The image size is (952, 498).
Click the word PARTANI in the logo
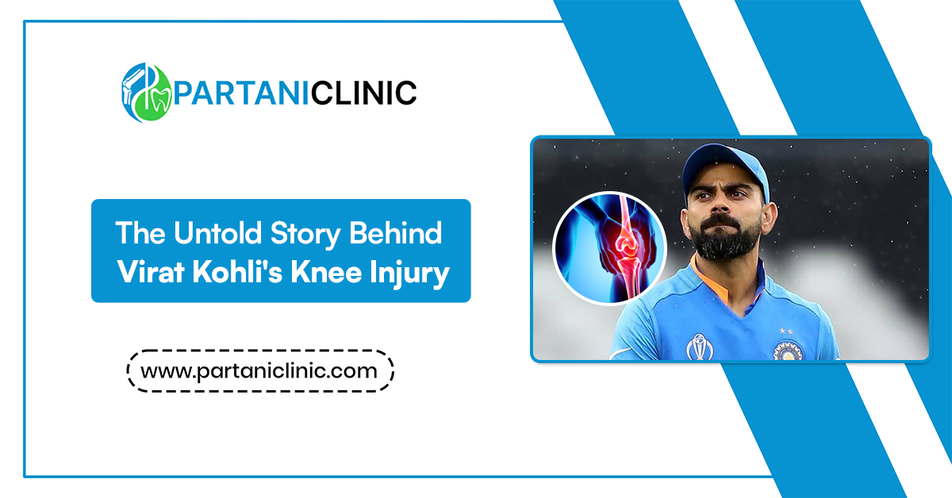tap(241, 93)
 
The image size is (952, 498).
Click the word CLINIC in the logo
tap(363, 93)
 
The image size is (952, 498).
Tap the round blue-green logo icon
tap(147, 93)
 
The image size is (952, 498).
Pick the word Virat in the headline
tap(151, 272)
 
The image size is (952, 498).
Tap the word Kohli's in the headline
tap(237, 272)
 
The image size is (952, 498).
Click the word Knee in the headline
tap(326, 272)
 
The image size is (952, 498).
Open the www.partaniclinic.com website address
tap(259, 371)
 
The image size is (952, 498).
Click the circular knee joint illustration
tap(609, 248)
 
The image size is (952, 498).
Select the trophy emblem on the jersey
tap(699, 347)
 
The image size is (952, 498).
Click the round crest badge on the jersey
tap(788, 351)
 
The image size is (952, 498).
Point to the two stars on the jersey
tap(786, 331)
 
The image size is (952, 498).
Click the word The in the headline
tap(140, 233)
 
